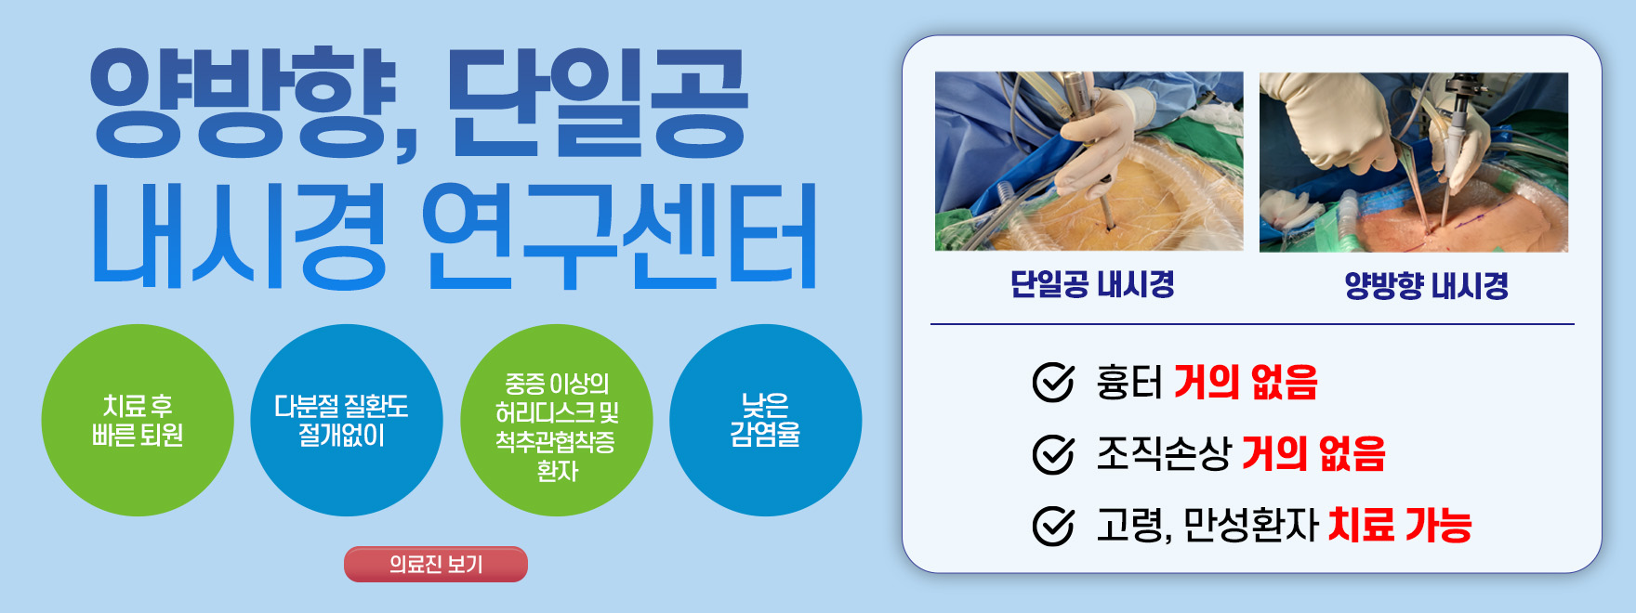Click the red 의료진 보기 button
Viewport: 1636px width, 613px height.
point(435,564)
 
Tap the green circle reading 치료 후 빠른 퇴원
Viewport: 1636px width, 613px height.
point(138,420)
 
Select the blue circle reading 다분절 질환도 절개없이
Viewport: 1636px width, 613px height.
point(346,420)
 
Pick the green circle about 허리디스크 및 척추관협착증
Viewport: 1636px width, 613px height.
point(556,420)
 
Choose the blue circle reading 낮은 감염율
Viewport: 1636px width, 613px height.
point(765,420)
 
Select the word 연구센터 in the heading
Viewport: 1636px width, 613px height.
point(619,236)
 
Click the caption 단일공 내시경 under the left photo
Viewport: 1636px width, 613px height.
point(1092,284)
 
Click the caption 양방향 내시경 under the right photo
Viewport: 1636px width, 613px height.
point(1426,285)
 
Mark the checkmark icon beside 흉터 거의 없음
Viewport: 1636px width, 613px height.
point(1053,383)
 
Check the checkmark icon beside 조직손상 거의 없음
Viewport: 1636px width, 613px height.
point(1053,454)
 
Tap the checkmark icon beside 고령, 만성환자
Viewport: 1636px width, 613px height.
point(1053,526)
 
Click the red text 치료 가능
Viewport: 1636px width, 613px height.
point(1400,526)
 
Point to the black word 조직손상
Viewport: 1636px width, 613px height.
point(1163,454)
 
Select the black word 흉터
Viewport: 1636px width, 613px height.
point(1128,383)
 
